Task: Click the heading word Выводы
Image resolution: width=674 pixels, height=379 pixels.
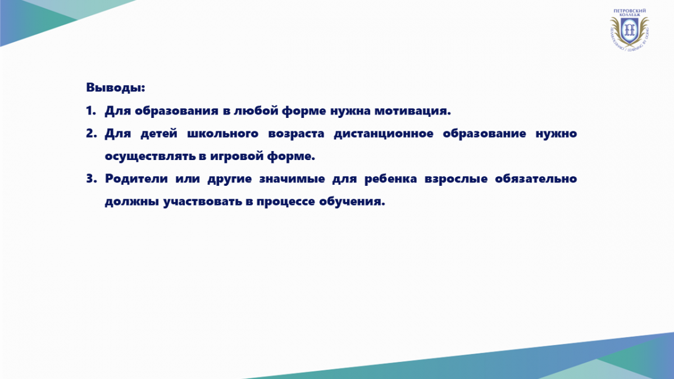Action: coord(115,88)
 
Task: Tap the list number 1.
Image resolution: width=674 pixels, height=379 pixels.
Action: coord(90,111)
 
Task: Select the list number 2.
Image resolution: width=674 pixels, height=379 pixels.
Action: coord(91,133)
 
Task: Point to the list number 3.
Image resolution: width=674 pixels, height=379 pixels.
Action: coord(91,179)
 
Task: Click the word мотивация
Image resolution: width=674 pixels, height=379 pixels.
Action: coord(412,111)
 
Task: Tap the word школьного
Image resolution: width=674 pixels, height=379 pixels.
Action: coord(222,133)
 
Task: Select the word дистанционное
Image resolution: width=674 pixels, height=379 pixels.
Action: coord(384,134)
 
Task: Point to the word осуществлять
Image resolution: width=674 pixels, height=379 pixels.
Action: coord(149,157)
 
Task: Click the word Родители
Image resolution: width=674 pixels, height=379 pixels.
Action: coord(136,179)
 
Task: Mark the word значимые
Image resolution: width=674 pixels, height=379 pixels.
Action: coord(292,179)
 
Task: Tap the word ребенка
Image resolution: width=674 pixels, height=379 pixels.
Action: coord(390,179)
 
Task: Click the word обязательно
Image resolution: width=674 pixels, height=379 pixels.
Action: coord(536,179)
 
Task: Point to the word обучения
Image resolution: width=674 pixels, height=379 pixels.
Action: coord(352,202)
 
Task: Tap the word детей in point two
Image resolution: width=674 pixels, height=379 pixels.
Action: coord(159,134)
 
